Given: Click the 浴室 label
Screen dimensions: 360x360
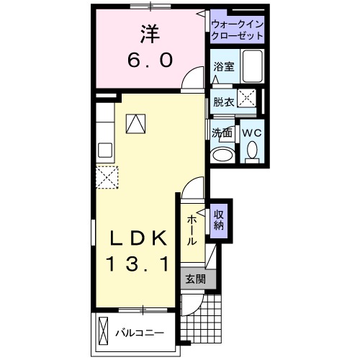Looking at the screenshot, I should tap(222, 66).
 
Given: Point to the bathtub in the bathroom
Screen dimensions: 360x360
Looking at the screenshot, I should tap(252, 67).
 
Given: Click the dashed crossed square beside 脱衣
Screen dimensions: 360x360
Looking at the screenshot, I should tap(248, 100).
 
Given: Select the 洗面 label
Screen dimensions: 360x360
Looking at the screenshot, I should tap(222, 132).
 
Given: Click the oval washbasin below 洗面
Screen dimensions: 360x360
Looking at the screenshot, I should tap(222, 154).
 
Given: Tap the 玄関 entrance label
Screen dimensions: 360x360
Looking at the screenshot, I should tap(192, 279).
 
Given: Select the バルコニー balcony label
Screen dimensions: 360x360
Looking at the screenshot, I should tap(140, 333).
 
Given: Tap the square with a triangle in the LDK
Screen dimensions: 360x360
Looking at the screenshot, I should tap(135, 124).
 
